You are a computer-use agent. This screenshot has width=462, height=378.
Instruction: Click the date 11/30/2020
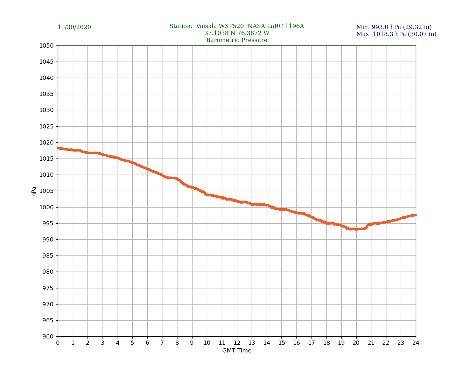[x=74, y=27]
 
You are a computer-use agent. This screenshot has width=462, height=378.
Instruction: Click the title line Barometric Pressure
[x=237, y=40]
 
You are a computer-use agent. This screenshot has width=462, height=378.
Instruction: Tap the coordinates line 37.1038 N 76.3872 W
[x=237, y=33]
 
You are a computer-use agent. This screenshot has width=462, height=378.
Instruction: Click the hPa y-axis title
[x=34, y=191]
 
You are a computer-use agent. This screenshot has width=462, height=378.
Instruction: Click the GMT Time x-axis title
[x=237, y=351]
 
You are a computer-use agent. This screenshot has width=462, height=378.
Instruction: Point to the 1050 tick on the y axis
[x=47, y=45]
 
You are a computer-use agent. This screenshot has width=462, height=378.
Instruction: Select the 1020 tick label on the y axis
[x=47, y=142]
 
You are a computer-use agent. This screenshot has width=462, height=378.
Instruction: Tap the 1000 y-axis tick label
[x=47, y=207]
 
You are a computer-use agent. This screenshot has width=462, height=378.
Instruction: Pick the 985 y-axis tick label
[x=48, y=256]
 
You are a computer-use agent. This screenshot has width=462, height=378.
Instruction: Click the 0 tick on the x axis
[x=58, y=343]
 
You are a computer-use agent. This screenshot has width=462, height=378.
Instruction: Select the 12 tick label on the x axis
[x=237, y=343]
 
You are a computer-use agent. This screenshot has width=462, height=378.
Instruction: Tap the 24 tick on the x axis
[x=416, y=343]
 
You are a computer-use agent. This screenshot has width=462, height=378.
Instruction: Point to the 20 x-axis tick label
[x=356, y=343]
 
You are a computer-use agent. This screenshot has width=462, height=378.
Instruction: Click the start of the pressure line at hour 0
[x=58, y=148]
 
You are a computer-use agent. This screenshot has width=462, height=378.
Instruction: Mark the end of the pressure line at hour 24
[x=415, y=215]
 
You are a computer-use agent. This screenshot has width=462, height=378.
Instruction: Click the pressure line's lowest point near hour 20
[x=356, y=229]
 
